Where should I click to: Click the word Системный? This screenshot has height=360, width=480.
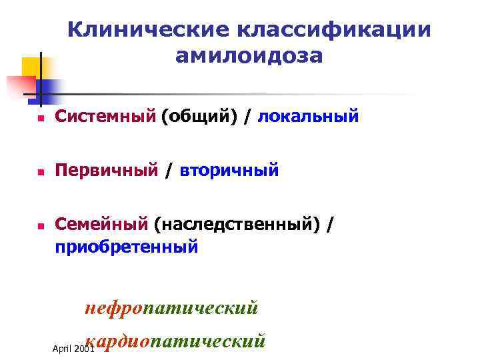pyautogui.click(x=105, y=117)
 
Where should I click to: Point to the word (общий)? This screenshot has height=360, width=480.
pyautogui.click(x=199, y=117)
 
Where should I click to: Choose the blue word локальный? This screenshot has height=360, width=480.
pyautogui.click(x=309, y=117)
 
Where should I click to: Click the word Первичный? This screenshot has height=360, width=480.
pyautogui.click(x=107, y=171)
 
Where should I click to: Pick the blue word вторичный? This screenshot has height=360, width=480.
pyautogui.click(x=229, y=171)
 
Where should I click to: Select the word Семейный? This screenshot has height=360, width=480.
pyautogui.click(x=102, y=225)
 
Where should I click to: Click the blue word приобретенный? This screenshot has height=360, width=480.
pyautogui.click(x=127, y=247)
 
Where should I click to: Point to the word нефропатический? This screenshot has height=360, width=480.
pyautogui.click(x=171, y=308)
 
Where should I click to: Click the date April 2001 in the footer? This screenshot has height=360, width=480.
pyautogui.click(x=72, y=349)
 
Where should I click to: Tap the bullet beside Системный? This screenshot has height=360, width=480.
pyautogui.click(x=40, y=118)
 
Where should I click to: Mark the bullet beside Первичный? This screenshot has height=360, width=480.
pyautogui.click(x=40, y=173)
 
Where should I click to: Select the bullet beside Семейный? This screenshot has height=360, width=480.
pyautogui.click(x=40, y=227)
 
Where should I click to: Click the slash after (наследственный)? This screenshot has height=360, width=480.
pyautogui.click(x=331, y=226)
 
